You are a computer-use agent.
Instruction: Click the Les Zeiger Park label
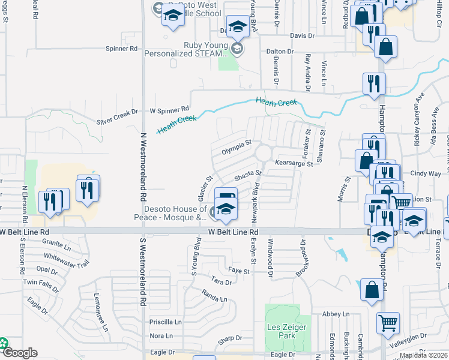click(x=287, y=331)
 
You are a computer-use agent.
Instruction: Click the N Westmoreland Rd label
click(x=143, y=167)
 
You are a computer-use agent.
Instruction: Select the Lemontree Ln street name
click(x=101, y=312)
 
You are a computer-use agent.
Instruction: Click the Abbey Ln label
click(x=336, y=314)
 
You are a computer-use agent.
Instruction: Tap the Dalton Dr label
click(x=280, y=52)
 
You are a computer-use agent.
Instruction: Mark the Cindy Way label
click(x=426, y=173)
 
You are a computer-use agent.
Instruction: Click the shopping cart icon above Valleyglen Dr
click(x=388, y=323)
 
